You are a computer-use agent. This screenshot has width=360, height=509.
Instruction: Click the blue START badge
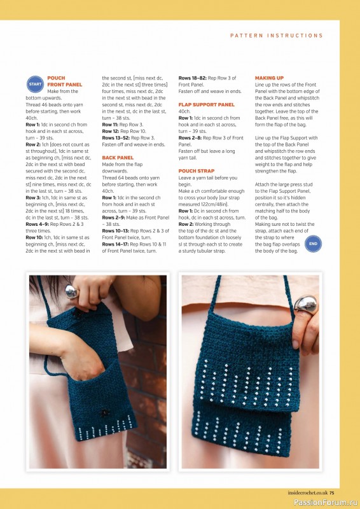tap(35, 85)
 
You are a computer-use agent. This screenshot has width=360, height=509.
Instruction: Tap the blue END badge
tap(314, 244)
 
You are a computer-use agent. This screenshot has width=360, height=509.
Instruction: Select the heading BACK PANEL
tap(118, 158)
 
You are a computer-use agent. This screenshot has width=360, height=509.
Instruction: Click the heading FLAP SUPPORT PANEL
tap(207, 104)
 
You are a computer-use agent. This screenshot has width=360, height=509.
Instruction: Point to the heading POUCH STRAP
tap(197, 171)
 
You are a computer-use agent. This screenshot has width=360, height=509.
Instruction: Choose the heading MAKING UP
tap(269, 78)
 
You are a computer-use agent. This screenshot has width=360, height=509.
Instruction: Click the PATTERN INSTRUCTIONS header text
tap(277, 36)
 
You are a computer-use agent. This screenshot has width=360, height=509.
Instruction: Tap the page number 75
tap(331, 492)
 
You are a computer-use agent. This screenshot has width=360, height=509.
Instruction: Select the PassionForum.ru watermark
tap(326, 502)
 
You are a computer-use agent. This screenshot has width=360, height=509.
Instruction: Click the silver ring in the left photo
tap(71, 291)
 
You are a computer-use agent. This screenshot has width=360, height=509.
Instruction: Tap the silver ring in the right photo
tap(305, 304)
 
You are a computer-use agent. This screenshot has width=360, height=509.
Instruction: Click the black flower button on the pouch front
tap(104, 412)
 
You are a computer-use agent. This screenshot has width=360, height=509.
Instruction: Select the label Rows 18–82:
tap(193, 78)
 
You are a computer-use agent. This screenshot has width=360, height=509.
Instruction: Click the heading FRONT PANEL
tap(65, 85)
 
